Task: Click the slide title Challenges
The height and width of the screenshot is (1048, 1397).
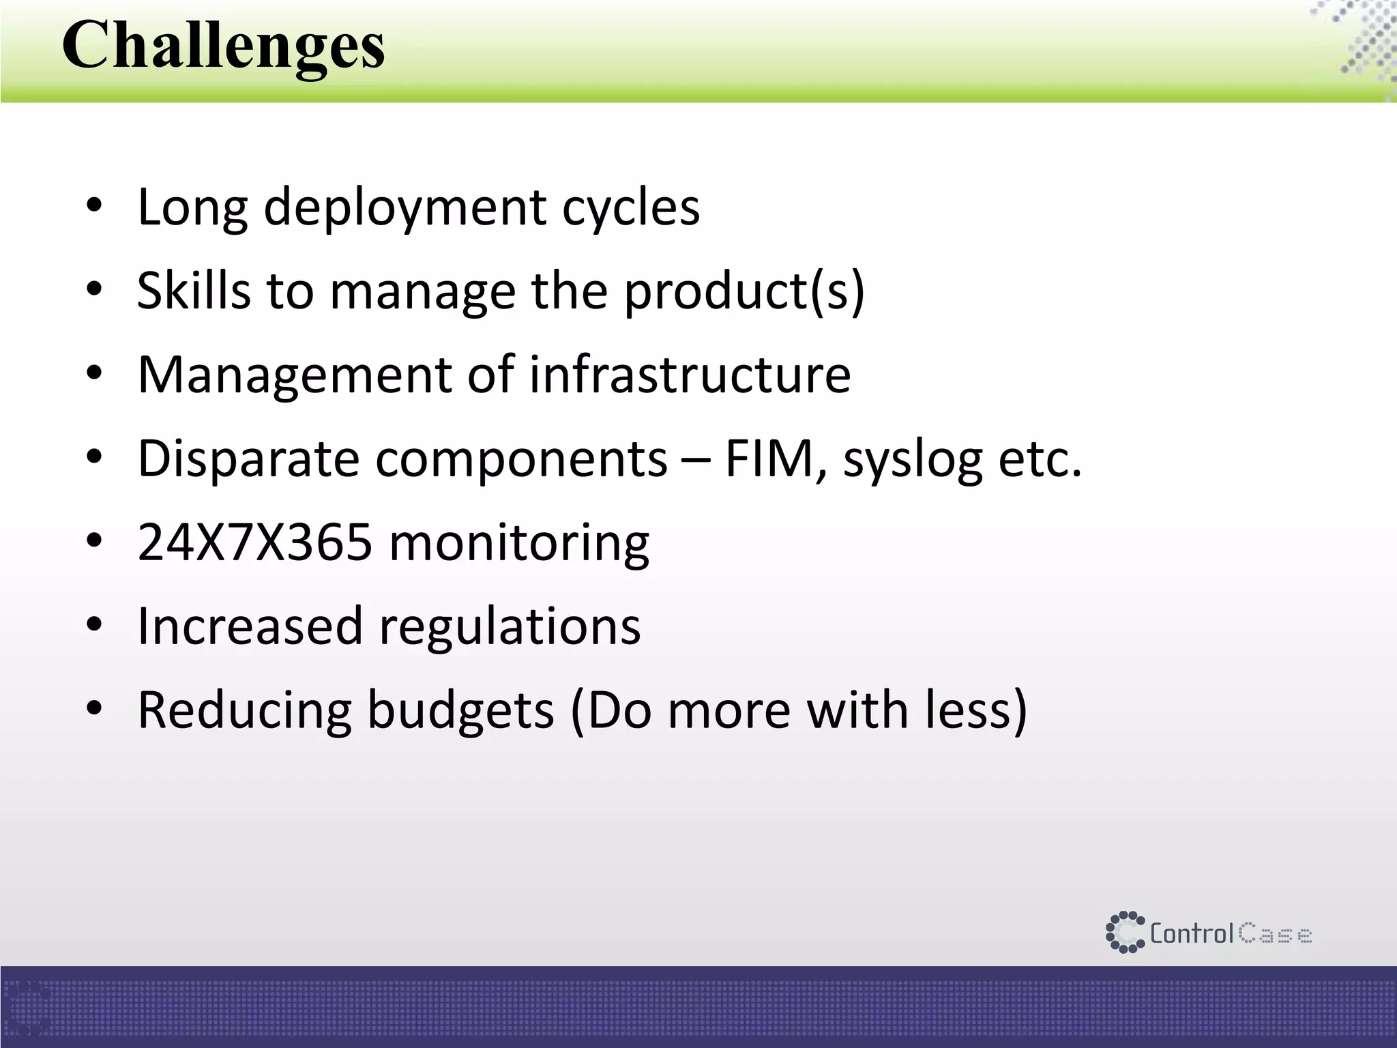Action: (223, 46)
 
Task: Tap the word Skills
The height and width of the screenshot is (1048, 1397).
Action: (194, 291)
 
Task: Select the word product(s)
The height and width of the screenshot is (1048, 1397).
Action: (744, 291)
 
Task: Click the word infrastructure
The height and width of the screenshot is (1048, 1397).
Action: (690, 375)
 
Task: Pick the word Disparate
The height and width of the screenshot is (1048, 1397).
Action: (248, 458)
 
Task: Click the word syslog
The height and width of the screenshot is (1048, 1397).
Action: (913, 458)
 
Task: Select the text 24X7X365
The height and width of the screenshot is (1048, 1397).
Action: (255, 542)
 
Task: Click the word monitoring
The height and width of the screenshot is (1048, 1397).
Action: (519, 542)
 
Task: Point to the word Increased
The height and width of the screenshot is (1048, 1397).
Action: (250, 626)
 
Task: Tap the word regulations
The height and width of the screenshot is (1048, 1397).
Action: (510, 626)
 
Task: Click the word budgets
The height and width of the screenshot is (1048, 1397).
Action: (460, 710)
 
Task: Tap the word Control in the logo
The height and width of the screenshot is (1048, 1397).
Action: (1192, 933)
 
